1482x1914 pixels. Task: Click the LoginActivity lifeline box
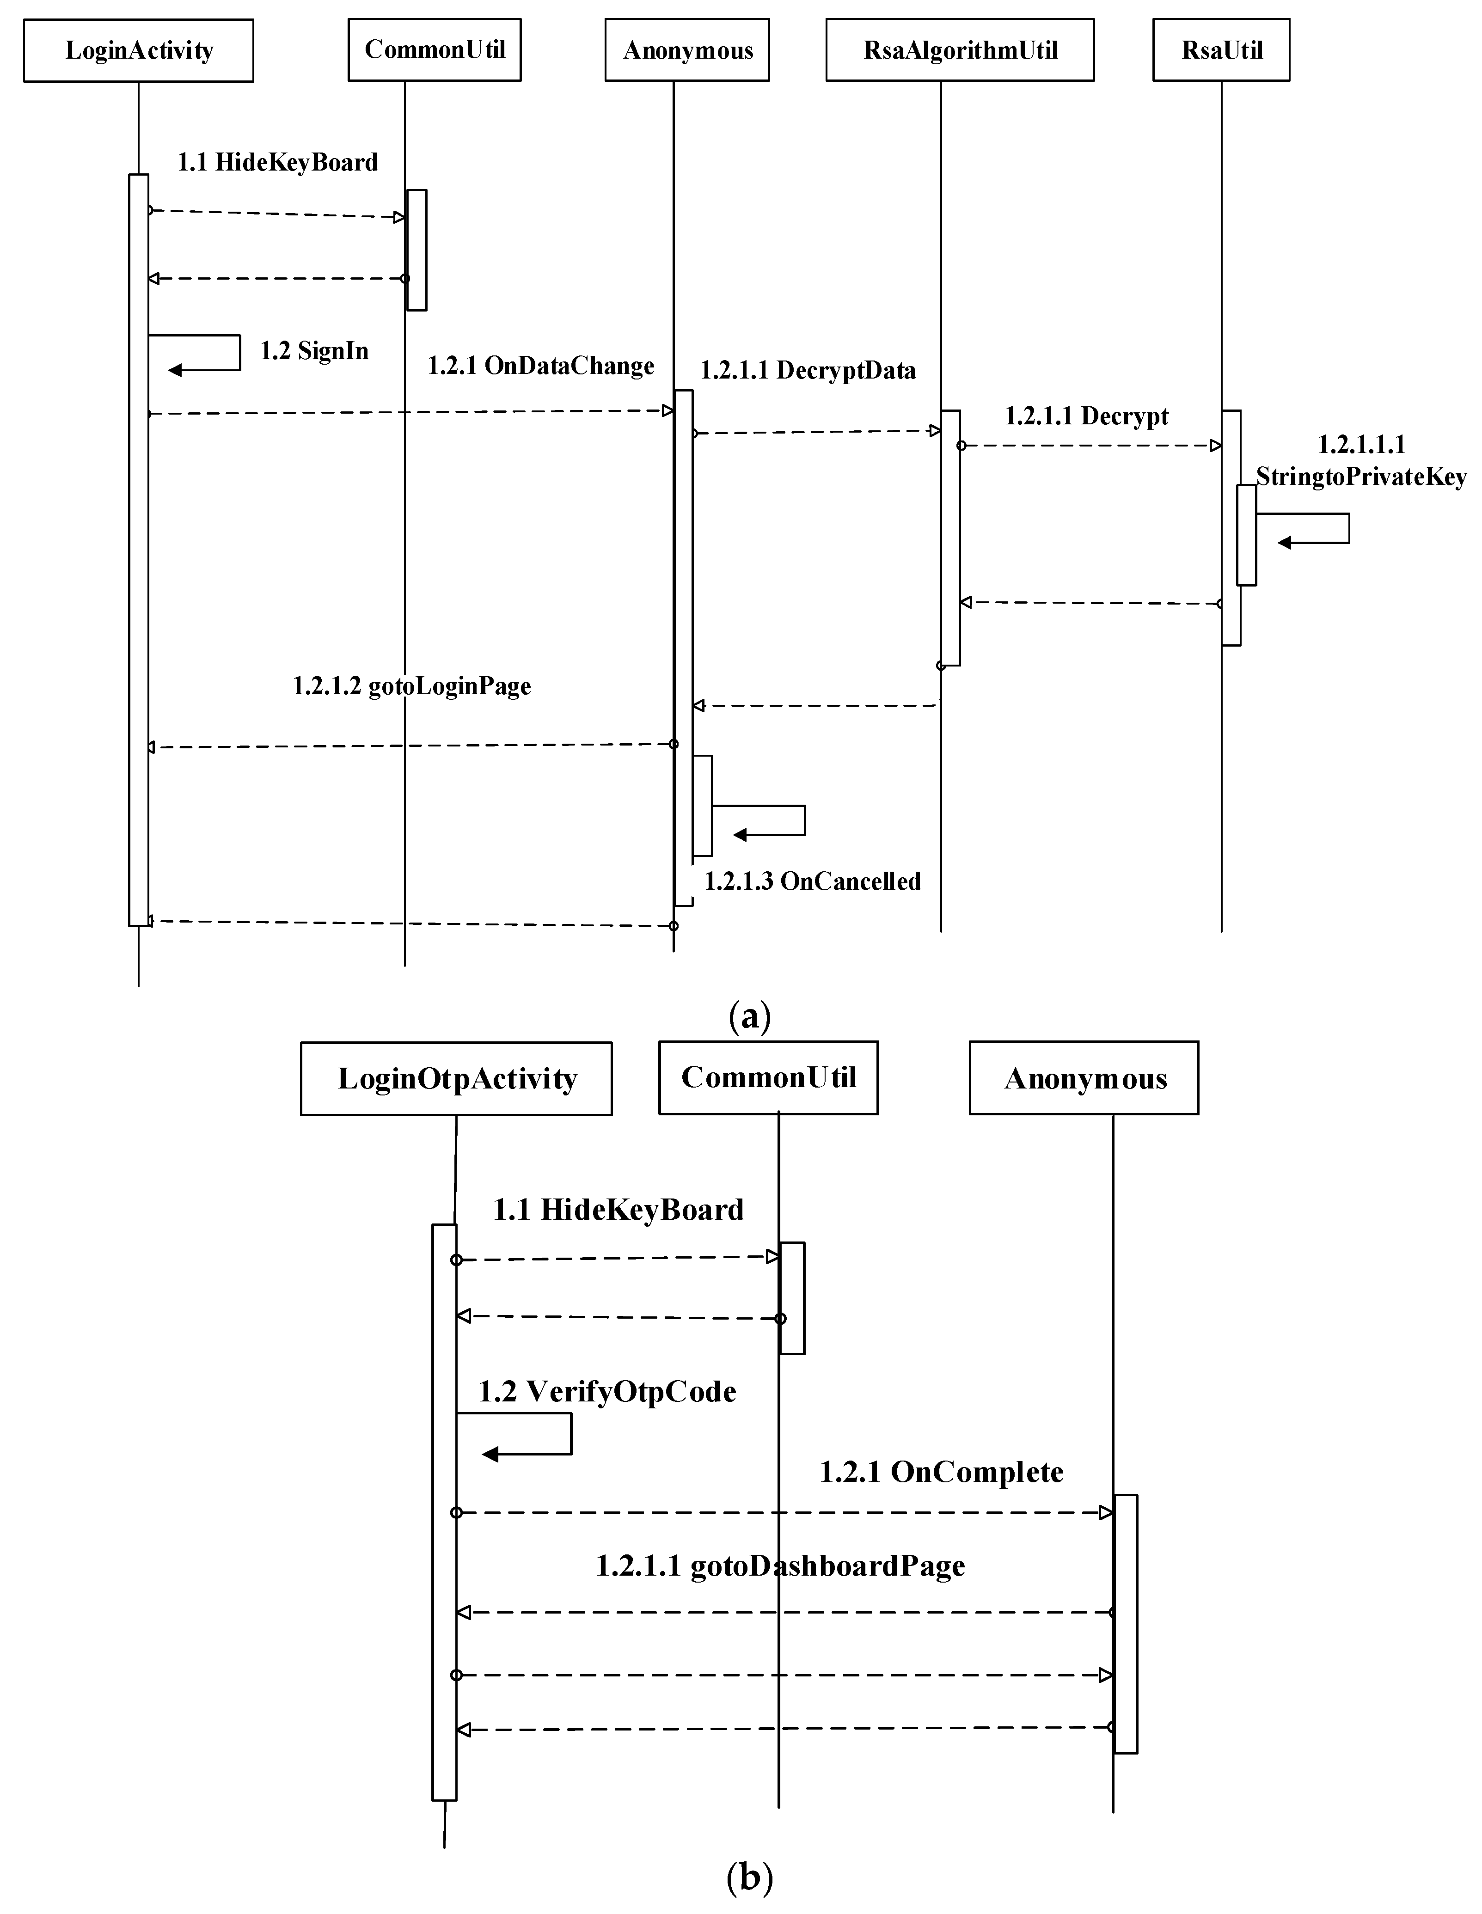click(139, 51)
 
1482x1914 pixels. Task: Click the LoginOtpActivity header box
click(456, 1078)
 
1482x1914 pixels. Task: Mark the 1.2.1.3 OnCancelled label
click(813, 881)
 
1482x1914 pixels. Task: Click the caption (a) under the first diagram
click(749, 1016)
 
